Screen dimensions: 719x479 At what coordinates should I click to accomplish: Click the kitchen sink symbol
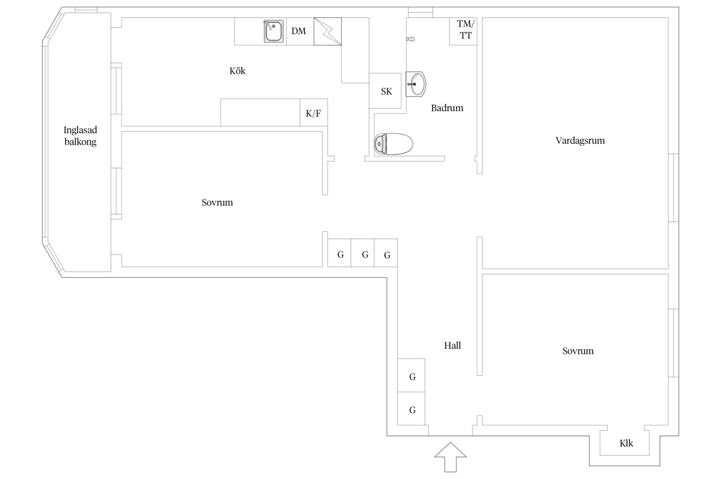273,31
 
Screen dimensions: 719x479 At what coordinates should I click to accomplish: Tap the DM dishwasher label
299,31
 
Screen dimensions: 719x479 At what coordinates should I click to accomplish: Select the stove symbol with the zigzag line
328,31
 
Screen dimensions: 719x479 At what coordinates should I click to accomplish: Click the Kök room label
237,71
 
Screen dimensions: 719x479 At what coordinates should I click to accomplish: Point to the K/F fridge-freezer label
313,113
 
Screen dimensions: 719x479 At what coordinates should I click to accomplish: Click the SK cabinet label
387,92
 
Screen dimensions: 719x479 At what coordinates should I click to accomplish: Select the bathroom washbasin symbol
416,84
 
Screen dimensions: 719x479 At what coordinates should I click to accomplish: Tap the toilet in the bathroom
393,144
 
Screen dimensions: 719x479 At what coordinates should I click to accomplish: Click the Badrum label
447,108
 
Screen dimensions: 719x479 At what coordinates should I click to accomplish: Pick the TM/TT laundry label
466,30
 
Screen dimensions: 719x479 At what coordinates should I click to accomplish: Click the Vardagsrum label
580,141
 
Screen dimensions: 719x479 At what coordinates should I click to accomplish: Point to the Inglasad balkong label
80,136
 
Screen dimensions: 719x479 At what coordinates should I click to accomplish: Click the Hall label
452,346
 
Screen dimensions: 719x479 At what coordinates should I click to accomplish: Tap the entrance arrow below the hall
450,457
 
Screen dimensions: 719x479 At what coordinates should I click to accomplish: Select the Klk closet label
626,444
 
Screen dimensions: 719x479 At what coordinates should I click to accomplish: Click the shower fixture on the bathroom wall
411,39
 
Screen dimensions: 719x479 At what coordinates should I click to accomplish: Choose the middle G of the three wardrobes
365,255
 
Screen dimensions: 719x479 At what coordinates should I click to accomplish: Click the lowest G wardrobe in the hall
412,410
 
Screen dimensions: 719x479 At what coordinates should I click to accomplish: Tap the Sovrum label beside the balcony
217,203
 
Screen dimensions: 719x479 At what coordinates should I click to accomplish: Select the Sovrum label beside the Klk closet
578,351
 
